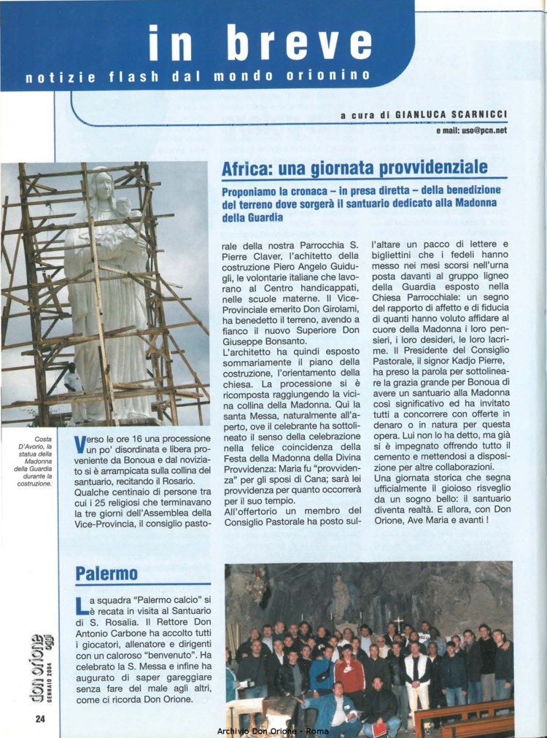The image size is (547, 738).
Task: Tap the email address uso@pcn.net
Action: [471, 131]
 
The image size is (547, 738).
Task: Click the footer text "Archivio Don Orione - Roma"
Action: [273, 730]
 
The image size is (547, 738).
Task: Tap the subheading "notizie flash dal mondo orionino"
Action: [197, 76]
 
